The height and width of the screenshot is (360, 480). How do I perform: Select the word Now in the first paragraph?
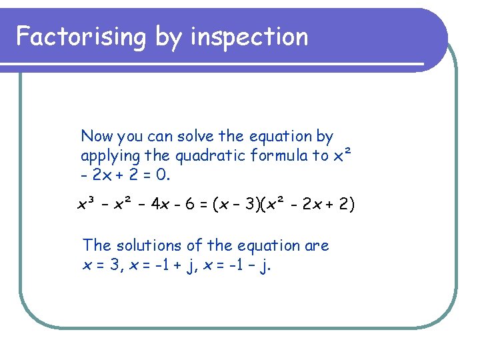[97, 137]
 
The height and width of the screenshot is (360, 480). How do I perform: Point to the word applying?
[111, 157]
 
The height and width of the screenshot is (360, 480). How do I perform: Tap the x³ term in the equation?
[87, 203]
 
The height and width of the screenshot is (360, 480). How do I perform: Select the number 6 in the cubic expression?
[189, 204]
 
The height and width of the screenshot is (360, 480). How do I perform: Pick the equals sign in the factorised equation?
[203, 204]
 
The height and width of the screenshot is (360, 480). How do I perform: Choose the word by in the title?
[168, 37]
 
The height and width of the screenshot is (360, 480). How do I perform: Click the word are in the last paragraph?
[317, 246]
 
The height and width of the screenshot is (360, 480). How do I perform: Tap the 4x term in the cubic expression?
[159, 204]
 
